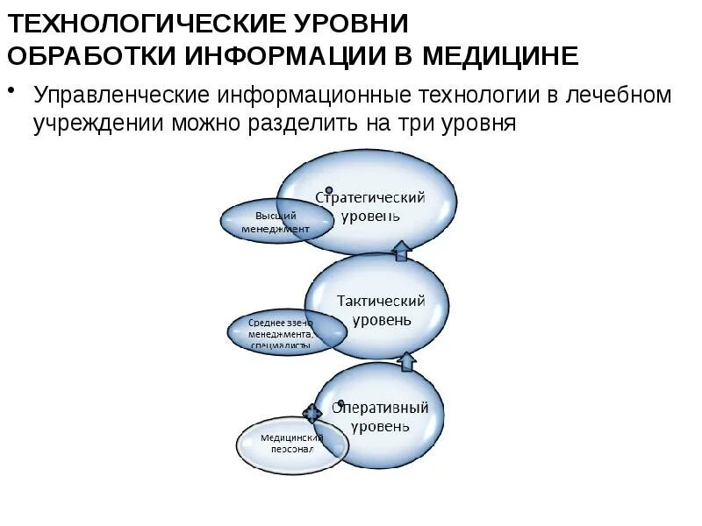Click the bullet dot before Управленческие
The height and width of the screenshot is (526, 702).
[15, 89]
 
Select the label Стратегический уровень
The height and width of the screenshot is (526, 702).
[370, 206]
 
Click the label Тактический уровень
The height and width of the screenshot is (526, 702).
[381, 310]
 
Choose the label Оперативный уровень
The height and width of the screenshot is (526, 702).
[380, 417]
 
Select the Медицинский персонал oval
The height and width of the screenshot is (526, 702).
[291, 443]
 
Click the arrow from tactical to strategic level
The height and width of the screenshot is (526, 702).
[401, 251]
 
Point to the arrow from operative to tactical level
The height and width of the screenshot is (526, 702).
[406, 360]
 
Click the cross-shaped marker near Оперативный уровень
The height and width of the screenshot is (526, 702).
[312, 413]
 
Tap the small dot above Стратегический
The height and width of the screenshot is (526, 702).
[329, 189]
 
